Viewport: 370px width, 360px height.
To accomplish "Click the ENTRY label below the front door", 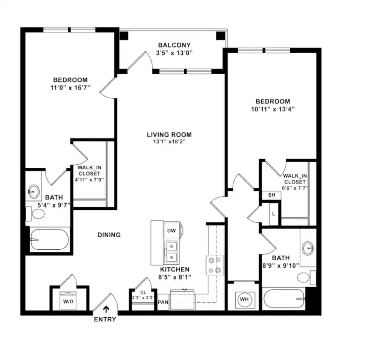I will [x=105, y=319].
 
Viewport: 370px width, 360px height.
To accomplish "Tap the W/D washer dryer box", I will [x=68, y=301].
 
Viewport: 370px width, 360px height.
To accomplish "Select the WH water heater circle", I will [x=244, y=299].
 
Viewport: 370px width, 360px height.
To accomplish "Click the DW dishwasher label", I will [x=171, y=231].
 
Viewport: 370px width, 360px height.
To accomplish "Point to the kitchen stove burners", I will [x=214, y=265].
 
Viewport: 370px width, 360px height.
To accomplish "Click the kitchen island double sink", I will [x=171, y=252].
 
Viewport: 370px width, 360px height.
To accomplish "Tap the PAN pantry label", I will [x=163, y=302].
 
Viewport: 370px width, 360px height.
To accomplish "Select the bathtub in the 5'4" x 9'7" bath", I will [x=49, y=239].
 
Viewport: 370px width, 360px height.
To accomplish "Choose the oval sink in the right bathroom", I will [x=308, y=247].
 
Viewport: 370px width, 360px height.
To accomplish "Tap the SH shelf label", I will [x=272, y=195].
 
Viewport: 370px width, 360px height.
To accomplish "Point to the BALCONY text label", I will [x=174, y=45].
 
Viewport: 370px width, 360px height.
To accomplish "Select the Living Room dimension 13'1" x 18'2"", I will [x=169, y=142].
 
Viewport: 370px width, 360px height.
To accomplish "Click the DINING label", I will [x=109, y=234].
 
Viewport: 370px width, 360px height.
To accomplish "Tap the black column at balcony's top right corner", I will [x=220, y=35].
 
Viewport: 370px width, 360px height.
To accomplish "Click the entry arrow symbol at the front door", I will [x=106, y=309].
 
